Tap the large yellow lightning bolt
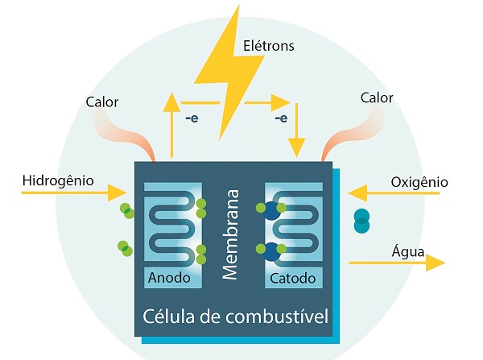[x=230, y=72]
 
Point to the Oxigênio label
[x=419, y=181]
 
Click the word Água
[x=409, y=250]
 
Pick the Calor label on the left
[x=101, y=102]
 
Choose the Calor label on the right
[x=377, y=98]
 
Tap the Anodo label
[x=169, y=279]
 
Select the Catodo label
[x=293, y=279]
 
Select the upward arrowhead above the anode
[x=171, y=101]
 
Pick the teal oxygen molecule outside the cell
[x=361, y=220]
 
